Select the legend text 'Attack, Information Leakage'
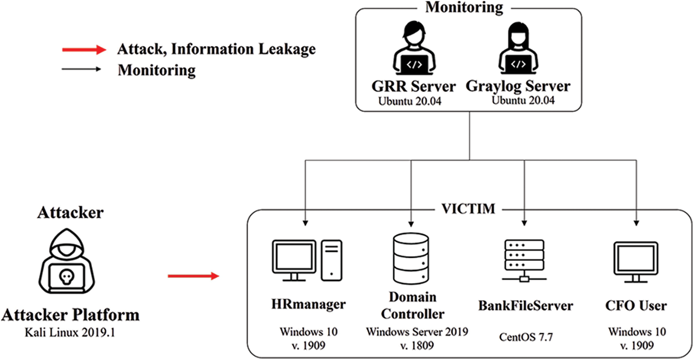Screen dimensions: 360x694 [x=216, y=49]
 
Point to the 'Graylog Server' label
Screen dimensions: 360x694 [x=518, y=86]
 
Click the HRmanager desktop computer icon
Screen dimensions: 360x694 [x=307, y=260]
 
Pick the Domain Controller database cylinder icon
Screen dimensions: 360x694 [x=410, y=258]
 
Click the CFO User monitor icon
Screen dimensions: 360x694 [x=635, y=262]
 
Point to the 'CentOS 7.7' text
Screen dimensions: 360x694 [x=525, y=337]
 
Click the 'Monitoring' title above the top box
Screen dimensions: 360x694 [x=464, y=7]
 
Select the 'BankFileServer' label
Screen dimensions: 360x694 [x=525, y=305]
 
